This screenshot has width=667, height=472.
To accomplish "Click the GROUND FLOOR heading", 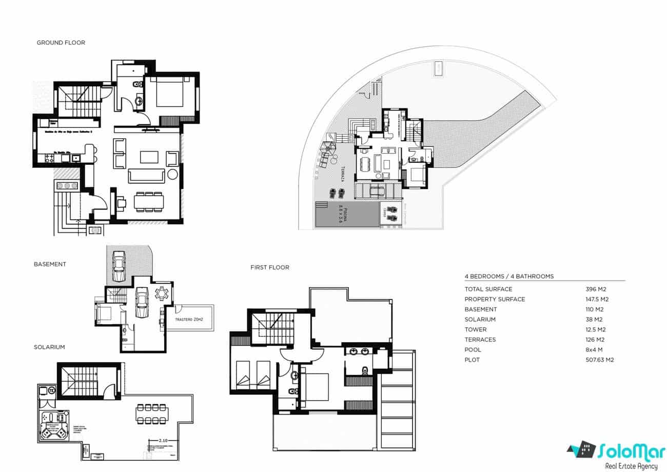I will (x=61, y=43).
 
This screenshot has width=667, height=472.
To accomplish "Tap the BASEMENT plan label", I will (x=50, y=264).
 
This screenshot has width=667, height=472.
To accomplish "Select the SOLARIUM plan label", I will (x=49, y=347).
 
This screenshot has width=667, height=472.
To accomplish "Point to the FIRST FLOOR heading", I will (x=269, y=268).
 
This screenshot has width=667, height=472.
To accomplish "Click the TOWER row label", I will (x=475, y=330).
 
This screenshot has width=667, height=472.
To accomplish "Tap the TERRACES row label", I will (x=480, y=339).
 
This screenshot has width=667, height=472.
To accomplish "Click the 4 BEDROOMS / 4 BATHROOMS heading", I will (x=509, y=276).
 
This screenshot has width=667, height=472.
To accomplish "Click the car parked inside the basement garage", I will (x=141, y=302).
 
